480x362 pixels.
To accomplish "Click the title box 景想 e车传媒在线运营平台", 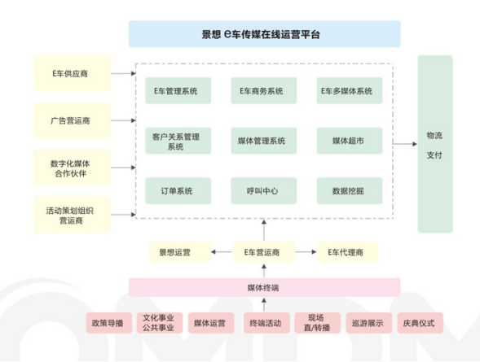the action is coord(265,34).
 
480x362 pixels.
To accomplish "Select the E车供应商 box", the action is coord(72,73).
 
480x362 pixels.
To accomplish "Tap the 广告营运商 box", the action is coord(72,120).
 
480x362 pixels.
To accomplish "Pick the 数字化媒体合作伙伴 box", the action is coord(72,168).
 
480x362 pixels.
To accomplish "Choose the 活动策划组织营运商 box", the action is coord(72,215).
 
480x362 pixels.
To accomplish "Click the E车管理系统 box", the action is coord(178,91).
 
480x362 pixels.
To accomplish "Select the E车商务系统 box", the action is coord(263,91).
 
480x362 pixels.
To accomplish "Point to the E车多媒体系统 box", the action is coord(350,91).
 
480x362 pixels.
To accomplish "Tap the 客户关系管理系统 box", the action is coord(178,141).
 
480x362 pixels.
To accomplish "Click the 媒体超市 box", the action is coord(350,141).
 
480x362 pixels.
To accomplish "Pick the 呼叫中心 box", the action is coord(263,191).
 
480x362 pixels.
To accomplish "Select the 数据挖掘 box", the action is coord(350,191).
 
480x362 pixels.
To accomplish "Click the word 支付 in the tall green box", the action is coord(434,155).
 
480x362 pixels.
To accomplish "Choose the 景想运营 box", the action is coord(180,252).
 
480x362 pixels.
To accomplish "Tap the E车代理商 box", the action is coord(347,252).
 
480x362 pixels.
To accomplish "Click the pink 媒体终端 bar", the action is coord(265,287).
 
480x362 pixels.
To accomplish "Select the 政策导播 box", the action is coord(108,323).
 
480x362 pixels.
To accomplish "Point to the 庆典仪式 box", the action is coord(420,323).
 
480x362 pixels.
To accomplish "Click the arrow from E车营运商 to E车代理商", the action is coord(306,252).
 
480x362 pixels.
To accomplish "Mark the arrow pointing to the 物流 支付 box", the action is coord(405,143).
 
